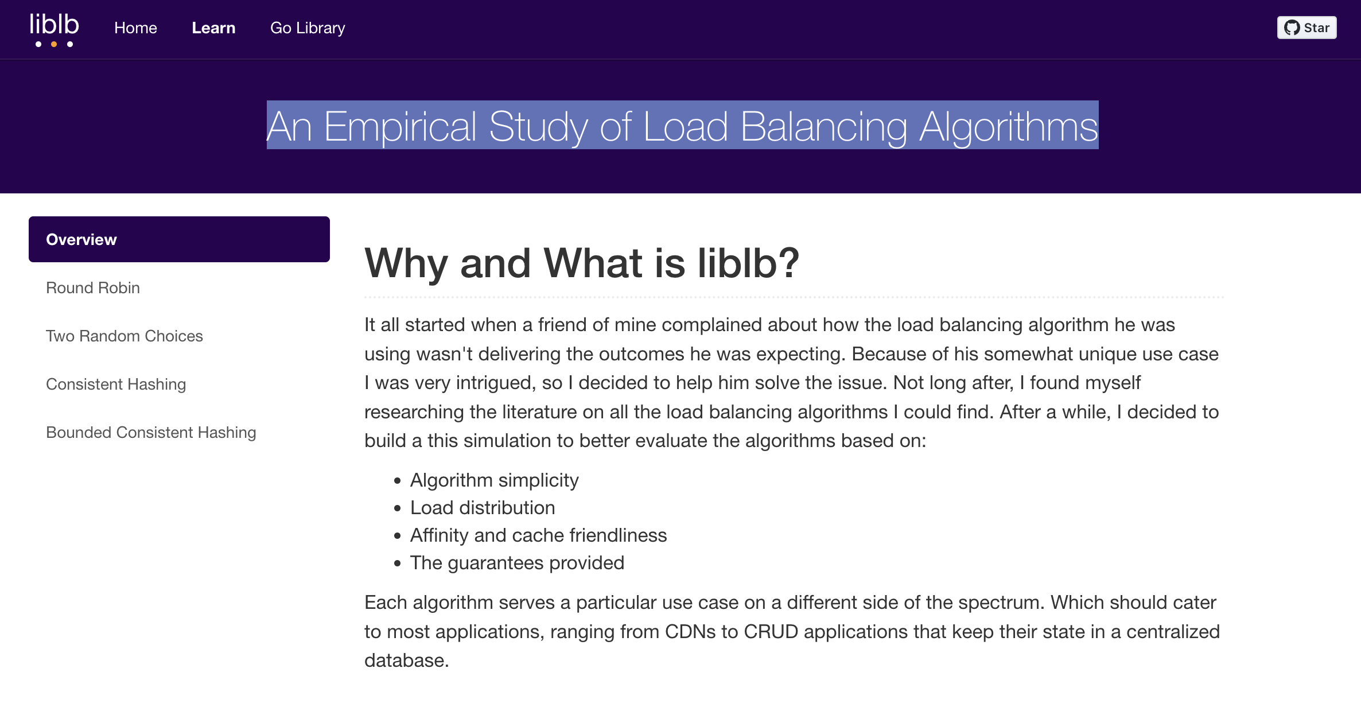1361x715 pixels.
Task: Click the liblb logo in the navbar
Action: tap(55, 30)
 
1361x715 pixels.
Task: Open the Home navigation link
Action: tap(135, 28)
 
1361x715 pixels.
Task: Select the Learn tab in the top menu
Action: tap(213, 28)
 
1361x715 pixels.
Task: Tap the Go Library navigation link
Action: tap(308, 28)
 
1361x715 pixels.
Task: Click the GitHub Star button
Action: tap(1306, 28)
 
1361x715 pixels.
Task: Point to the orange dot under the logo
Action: tap(54, 44)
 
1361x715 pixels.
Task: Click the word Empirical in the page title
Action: tap(400, 126)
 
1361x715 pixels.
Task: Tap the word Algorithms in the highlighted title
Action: tap(1008, 126)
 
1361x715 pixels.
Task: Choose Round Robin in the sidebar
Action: tap(93, 287)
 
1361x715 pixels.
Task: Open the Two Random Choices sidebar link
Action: tap(125, 336)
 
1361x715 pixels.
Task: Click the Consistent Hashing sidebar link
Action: tap(116, 384)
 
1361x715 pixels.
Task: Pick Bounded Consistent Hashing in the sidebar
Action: tap(151, 432)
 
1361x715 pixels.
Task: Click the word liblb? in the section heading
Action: tap(748, 263)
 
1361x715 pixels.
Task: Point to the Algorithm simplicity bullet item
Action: tap(494, 480)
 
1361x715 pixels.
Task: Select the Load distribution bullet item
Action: tap(483, 508)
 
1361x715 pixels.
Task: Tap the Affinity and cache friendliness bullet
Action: tap(538, 535)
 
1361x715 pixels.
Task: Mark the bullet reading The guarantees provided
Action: tap(517, 563)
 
